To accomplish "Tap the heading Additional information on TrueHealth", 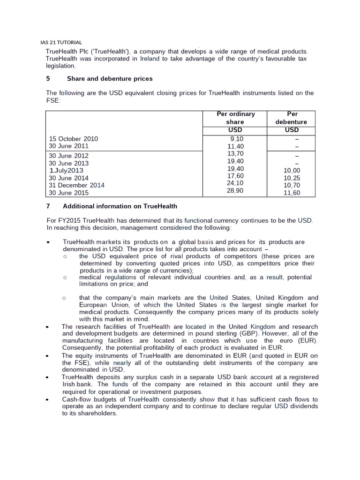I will pos(120,206).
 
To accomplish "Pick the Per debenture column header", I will pos(292,118).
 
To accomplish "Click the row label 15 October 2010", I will pos(74,139).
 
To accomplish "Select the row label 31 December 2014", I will pos(77,185).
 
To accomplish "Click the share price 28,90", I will pos(235,191).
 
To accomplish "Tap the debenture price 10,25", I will pos(292,178).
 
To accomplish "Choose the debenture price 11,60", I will pos(292,193).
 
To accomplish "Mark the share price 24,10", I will pos(235,183).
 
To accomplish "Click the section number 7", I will pos(48,206).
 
